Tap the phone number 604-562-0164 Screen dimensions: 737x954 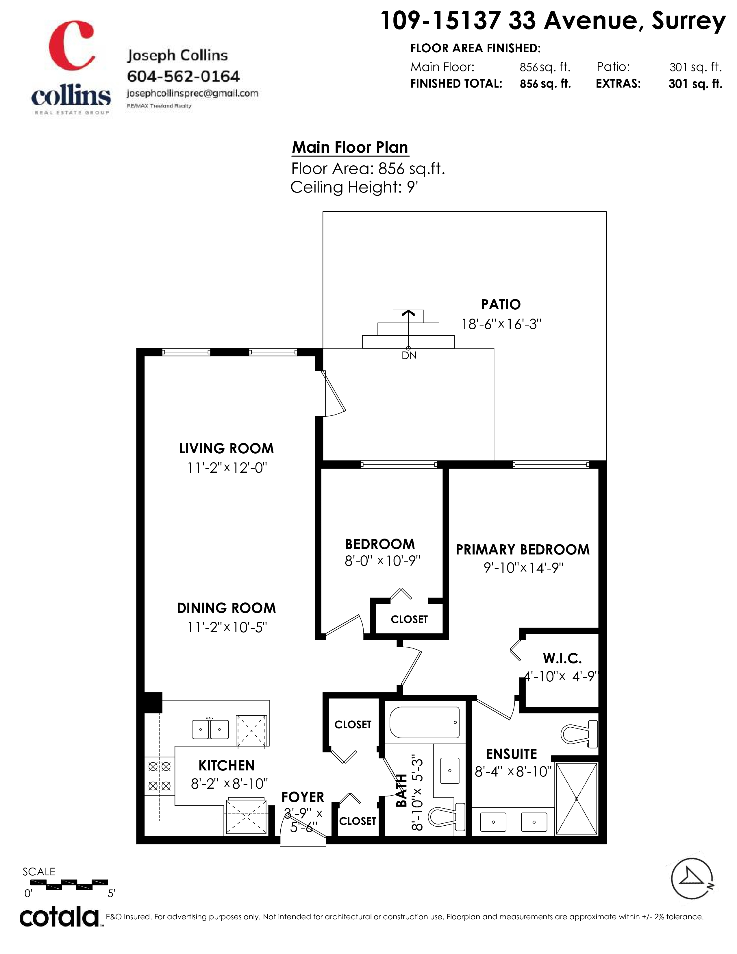(183, 76)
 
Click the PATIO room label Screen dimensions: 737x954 (501, 304)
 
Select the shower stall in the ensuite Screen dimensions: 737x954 (576, 799)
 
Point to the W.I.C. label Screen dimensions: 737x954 (562, 658)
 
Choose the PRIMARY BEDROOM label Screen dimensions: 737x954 (523, 550)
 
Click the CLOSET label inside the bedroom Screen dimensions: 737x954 (409, 620)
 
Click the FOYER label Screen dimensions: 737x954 (303, 797)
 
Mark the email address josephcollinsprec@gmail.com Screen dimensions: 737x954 (192, 93)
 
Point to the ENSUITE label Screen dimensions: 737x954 (511, 754)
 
